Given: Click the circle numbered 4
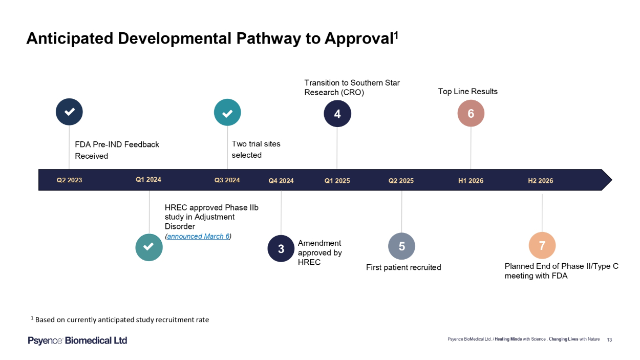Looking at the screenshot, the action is pyautogui.click(x=337, y=114).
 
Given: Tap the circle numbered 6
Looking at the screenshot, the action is pyautogui.click(x=471, y=113).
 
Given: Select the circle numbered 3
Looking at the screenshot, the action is pyautogui.click(x=281, y=248).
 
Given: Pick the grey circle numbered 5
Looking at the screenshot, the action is pyautogui.click(x=401, y=246).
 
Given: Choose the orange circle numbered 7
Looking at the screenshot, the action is pyautogui.click(x=542, y=245).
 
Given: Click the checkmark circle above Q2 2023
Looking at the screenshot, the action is pyautogui.click(x=69, y=112).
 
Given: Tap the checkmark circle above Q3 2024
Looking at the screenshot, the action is pyautogui.click(x=227, y=112).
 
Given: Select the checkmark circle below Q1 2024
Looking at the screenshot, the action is pyautogui.click(x=149, y=247).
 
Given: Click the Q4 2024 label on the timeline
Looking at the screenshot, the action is pyautogui.click(x=281, y=181).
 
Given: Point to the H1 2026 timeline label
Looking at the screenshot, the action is pyautogui.click(x=471, y=181).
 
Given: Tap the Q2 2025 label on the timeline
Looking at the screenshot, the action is pyautogui.click(x=401, y=181).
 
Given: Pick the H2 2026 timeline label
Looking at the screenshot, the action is pyautogui.click(x=541, y=181).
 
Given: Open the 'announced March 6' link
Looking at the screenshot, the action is pyautogui.click(x=198, y=236).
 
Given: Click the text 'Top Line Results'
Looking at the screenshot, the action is pyautogui.click(x=468, y=92).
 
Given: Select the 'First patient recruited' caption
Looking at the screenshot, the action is pyautogui.click(x=403, y=267).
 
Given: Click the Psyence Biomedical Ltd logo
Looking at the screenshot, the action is pyautogui.click(x=77, y=341).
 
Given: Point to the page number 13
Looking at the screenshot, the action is pyautogui.click(x=609, y=340).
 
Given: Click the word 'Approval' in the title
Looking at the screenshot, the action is pyautogui.click(x=359, y=38).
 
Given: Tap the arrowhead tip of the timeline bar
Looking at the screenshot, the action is pyautogui.click(x=612, y=180).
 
